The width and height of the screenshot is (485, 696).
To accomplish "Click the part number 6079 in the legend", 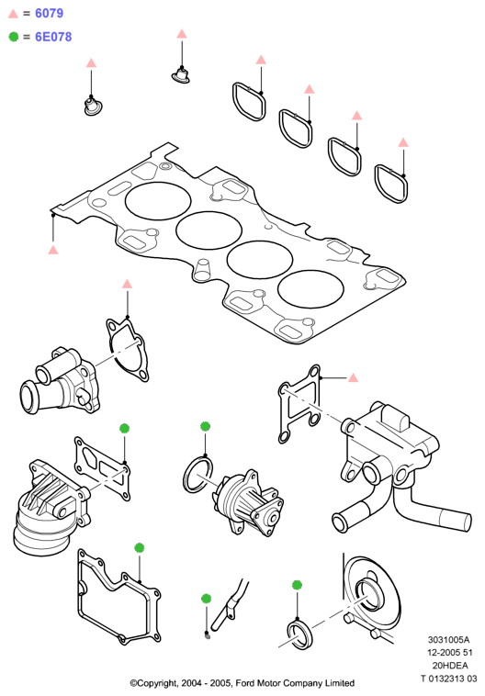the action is [49, 14].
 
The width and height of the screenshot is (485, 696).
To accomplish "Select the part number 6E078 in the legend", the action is [53, 37].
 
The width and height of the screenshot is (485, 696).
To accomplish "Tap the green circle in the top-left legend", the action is [14, 37].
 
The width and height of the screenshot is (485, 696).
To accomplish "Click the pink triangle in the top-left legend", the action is [14, 14].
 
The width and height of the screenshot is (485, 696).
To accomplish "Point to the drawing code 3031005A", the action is [448, 640].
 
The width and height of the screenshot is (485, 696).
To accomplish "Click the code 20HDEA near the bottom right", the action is [450, 666].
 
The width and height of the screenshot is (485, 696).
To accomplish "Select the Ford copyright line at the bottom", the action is [242, 683].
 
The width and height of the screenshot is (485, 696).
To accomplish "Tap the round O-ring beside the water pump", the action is [197, 475].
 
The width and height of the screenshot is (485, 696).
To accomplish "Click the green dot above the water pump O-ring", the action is [205, 427].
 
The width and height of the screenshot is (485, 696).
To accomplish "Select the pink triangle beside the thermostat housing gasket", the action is [353, 377].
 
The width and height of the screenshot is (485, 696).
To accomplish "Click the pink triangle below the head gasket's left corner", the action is [53, 250].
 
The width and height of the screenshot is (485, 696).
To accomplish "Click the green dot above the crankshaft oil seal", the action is [297, 585].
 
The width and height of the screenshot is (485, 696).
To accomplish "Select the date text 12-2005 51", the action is [450, 653].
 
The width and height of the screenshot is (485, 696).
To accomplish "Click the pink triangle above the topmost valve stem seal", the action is [182, 34].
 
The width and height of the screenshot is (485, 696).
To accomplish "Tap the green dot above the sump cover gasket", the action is [139, 548].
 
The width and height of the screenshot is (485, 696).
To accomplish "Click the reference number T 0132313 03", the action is [449, 679].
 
